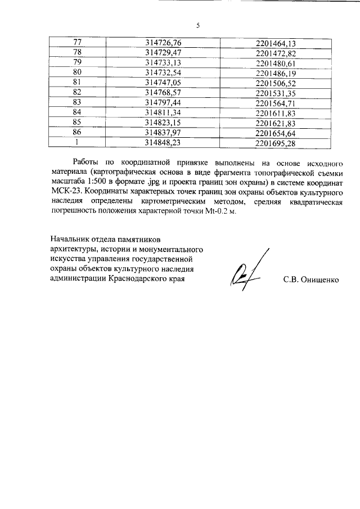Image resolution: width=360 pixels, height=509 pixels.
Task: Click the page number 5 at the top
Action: [x=198, y=25]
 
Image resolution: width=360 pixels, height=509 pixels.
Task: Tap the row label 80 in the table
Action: [x=78, y=73]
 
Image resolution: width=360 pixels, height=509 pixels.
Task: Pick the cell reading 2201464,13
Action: [x=276, y=42]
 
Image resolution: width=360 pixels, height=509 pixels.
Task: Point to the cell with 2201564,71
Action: [x=276, y=103]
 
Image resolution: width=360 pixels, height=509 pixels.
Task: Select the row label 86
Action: [x=78, y=133]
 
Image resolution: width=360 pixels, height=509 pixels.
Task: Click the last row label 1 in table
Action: [x=78, y=143]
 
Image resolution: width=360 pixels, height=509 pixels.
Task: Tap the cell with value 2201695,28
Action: [x=276, y=143]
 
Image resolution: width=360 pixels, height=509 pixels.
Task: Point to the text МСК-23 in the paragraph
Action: [x=64, y=191]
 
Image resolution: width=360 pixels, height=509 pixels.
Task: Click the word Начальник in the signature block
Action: [x=70, y=239]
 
